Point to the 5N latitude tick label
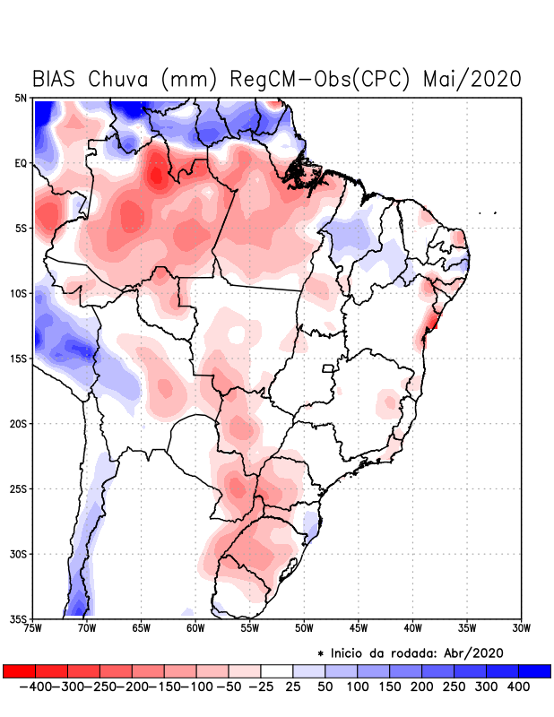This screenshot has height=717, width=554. tap(21, 98)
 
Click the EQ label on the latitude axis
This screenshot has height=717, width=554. tap(21, 163)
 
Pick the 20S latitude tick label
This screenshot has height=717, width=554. tap(19, 424)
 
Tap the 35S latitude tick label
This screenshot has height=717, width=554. tap(19, 619)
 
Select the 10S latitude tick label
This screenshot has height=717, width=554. tap(19, 294)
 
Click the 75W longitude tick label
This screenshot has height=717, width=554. tap(34, 628)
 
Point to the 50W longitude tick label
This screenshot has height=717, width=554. tap(304, 628)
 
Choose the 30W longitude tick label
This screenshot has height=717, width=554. tap(521, 628)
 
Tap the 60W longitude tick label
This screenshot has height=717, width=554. tap(195, 628)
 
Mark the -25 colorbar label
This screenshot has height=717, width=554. tap(261, 687)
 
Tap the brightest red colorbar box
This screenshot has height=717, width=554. tap(19, 671)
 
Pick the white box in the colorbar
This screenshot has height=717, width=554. tap(277, 671)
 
